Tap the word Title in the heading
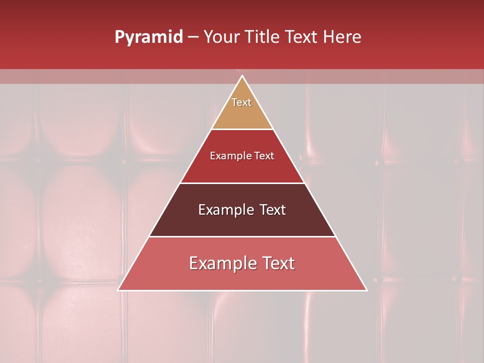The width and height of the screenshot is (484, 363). [x=263, y=37]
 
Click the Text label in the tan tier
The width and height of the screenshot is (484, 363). [x=241, y=102]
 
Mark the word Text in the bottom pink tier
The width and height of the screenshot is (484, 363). [x=278, y=263]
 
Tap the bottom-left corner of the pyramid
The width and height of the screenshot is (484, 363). [x=118, y=290]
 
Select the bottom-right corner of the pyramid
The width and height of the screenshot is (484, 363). [x=367, y=290]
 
